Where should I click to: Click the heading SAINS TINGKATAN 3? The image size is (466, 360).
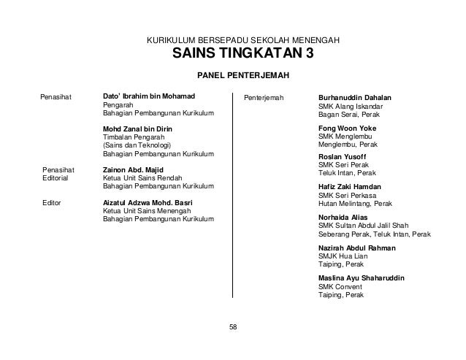pos(240,55)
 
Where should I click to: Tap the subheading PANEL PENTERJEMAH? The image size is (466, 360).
pos(240,75)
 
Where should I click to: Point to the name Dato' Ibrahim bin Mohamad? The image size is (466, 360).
pos(149,96)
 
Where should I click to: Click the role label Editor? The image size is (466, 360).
pos(52,202)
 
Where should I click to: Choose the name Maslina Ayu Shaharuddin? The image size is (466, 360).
pos(362,278)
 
